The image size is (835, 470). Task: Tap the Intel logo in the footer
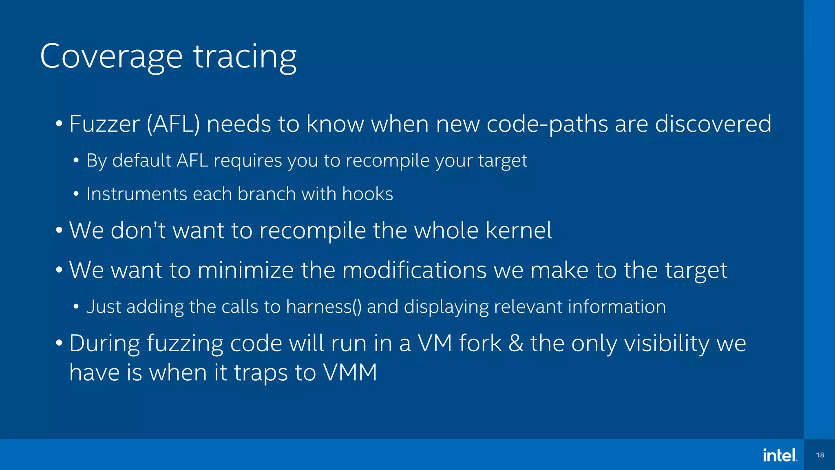780,455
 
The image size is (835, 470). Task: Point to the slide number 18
820,455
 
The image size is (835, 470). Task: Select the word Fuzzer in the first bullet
104,124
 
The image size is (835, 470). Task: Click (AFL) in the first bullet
173,124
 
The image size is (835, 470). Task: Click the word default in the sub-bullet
142,160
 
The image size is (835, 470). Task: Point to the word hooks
367,194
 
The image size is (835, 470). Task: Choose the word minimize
245,270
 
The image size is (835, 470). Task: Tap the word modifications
414,270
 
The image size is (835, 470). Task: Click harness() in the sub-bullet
324,307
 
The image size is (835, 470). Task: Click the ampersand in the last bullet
516,343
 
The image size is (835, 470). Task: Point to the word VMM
350,372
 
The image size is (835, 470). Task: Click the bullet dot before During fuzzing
59,343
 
